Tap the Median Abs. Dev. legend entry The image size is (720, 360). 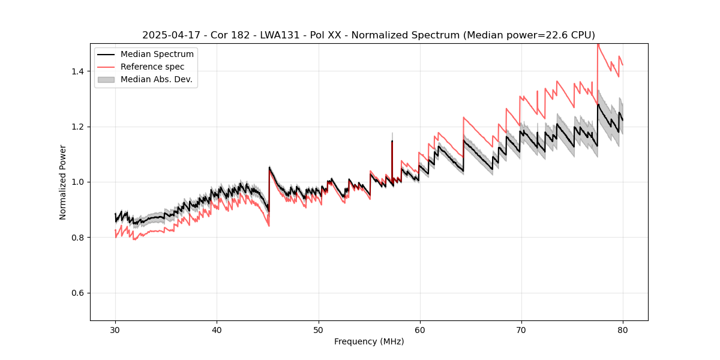point(156,79)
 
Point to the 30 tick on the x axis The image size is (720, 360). point(115,330)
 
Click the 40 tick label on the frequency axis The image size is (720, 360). point(217,330)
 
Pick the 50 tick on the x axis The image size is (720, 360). point(318,330)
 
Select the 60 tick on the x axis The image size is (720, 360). point(419,330)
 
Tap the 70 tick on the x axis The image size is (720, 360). point(521,330)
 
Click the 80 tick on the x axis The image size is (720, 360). point(623,330)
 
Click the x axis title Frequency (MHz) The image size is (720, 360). point(369,342)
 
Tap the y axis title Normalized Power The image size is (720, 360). point(62,182)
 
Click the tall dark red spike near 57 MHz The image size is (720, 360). point(392,159)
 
